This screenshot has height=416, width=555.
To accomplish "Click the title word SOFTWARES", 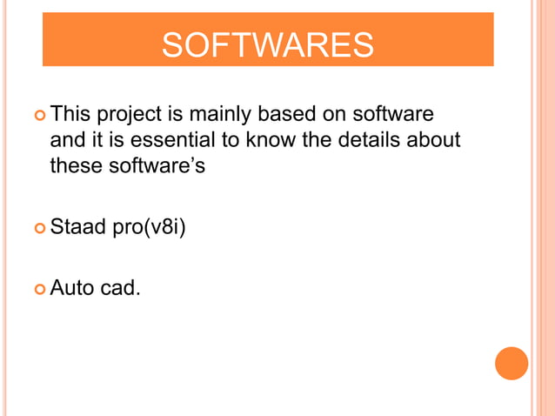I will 268,45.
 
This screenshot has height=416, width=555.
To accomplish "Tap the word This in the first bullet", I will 70,115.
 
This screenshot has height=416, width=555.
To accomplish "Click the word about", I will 431,139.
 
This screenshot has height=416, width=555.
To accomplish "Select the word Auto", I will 71,286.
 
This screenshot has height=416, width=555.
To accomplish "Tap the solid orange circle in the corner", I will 512,363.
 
